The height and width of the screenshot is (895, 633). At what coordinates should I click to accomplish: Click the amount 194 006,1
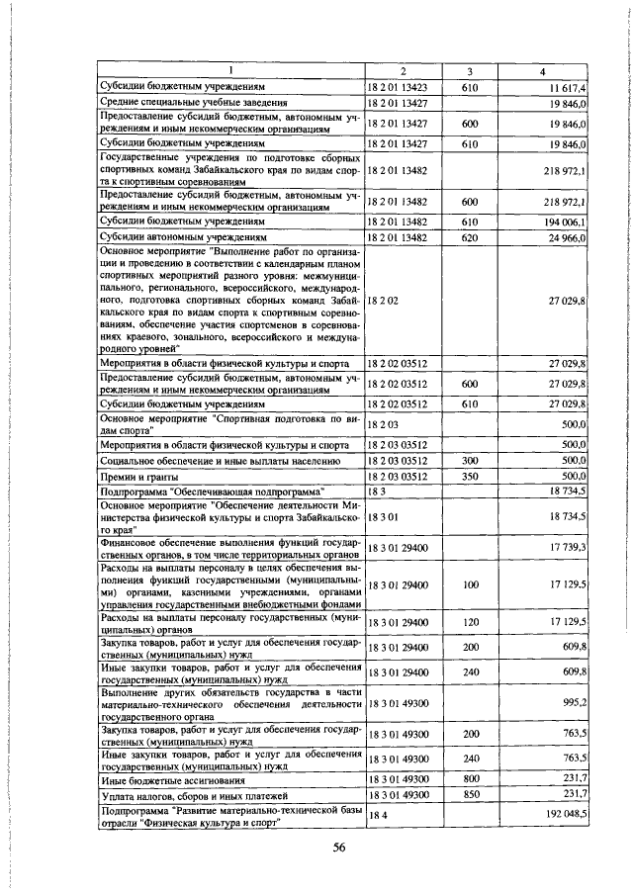click(563, 224)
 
